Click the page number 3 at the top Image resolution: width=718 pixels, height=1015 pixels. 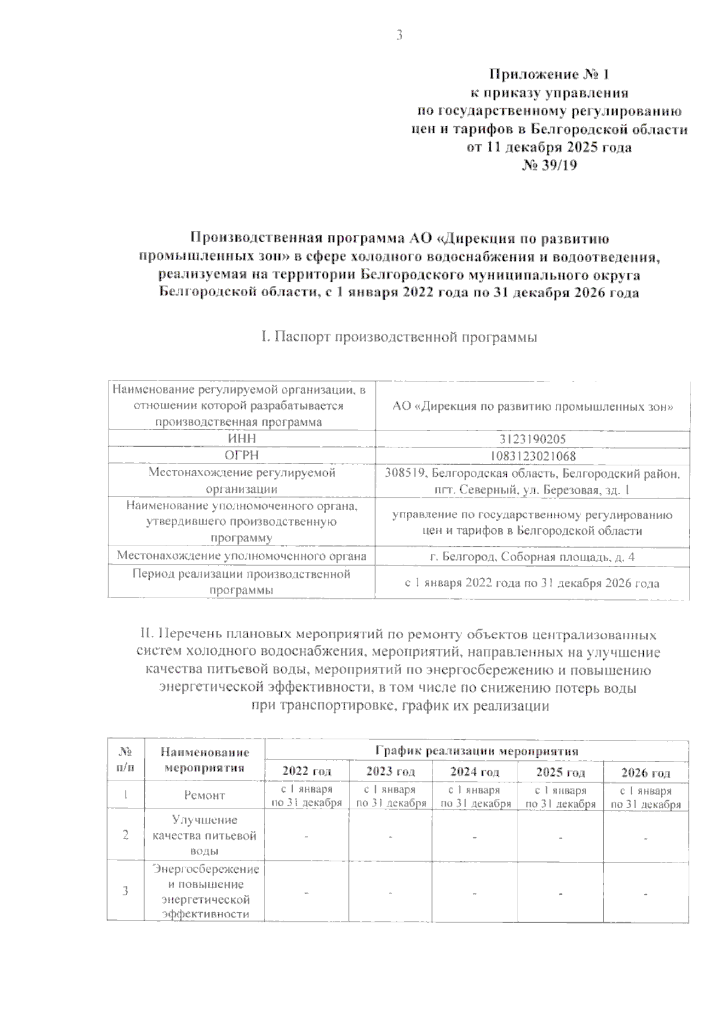pos(399,35)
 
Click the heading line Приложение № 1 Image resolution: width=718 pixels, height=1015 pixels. pos(549,75)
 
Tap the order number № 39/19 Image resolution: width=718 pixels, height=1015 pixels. pos(549,165)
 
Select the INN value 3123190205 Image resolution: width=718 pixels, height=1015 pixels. pos(532,439)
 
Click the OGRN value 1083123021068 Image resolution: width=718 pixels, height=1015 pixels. pos(532,456)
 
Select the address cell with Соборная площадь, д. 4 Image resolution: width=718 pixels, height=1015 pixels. pos(532,557)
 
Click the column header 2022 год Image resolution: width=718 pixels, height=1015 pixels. pos(306,772)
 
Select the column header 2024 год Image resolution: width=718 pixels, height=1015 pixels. pos(474,772)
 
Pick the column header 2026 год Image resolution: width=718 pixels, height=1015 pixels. pos(646,772)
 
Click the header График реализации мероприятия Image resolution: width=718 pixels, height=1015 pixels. pos(476,751)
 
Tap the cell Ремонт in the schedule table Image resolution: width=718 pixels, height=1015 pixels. pos(205,795)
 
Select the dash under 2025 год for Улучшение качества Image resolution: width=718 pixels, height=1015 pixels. pos(561,836)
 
